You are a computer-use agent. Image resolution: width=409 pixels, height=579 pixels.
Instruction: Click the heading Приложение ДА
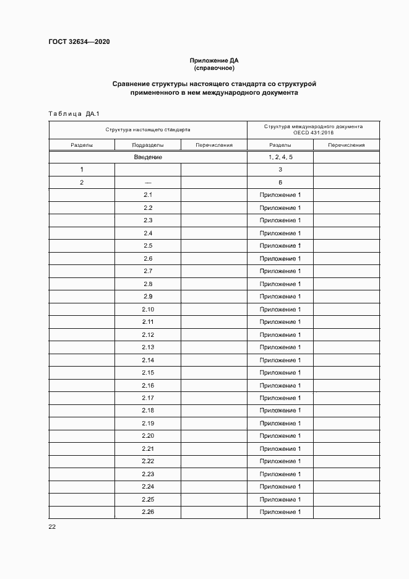(x=214, y=61)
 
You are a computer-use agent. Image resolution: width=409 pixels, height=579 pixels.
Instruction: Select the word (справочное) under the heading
(x=214, y=68)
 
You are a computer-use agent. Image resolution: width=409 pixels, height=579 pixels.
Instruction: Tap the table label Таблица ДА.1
(x=74, y=113)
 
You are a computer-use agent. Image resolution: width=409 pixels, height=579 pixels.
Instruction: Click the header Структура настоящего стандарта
(x=147, y=130)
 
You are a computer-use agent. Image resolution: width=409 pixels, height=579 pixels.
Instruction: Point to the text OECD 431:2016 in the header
(x=313, y=133)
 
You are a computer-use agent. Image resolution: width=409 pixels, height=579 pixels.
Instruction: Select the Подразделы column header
(x=147, y=145)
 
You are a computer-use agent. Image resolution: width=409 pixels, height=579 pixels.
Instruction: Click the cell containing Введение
(x=147, y=157)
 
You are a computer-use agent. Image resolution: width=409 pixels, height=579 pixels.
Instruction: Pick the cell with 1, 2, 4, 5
(x=280, y=157)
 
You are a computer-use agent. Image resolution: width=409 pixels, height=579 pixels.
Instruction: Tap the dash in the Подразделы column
(x=147, y=183)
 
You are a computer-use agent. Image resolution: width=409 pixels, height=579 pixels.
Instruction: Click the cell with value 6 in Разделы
(x=280, y=183)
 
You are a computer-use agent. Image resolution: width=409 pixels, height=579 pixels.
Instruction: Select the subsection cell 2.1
(x=147, y=195)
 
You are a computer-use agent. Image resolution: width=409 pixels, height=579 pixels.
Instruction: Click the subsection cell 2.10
(x=147, y=309)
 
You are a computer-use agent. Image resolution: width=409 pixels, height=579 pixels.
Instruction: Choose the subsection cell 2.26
(x=147, y=512)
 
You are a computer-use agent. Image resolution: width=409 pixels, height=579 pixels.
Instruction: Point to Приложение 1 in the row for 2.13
(x=280, y=347)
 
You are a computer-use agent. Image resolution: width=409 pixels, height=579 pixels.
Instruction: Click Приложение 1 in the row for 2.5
(x=280, y=246)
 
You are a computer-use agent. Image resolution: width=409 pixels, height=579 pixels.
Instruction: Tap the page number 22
(x=52, y=526)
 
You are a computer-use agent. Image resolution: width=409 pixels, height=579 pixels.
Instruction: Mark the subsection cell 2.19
(x=147, y=423)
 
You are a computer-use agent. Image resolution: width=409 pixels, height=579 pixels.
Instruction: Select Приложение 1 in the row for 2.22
(x=280, y=461)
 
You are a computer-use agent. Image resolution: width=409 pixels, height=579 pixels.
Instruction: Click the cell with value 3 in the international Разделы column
(x=280, y=170)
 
